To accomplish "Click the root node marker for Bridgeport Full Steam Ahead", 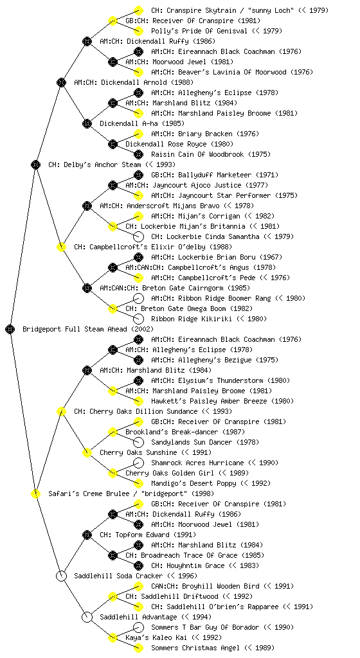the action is click(10, 329).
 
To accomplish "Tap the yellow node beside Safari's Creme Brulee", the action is click(35, 493).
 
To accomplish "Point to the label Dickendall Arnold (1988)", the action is click(134, 82).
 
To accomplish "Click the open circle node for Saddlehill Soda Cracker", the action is click(61, 576).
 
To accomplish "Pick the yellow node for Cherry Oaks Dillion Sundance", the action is click(61, 411).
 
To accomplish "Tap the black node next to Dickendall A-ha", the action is click(87, 123).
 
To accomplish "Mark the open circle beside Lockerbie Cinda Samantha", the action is click(138, 236).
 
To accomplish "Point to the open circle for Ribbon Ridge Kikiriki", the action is click(138, 319).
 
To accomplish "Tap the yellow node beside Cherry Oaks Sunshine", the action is click(87, 452).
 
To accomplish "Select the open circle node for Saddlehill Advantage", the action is click(87, 617).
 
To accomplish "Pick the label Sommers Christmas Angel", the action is click(195, 648).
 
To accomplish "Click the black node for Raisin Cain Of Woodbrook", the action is click(138, 154).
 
